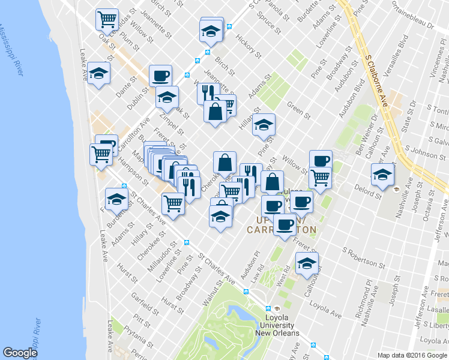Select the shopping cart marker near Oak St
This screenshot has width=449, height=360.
[x=107, y=19]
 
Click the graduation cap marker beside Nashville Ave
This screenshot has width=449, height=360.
[x=382, y=174]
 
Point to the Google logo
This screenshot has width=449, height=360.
[x=20, y=352]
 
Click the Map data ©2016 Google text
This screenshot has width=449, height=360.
[x=412, y=355]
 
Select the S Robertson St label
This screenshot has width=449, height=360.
[x=364, y=256]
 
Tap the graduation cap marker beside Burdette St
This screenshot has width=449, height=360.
[x=116, y=200]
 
